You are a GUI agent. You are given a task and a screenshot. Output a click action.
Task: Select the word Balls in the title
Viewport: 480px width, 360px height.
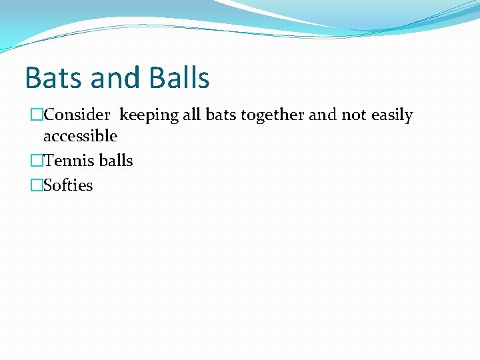179,78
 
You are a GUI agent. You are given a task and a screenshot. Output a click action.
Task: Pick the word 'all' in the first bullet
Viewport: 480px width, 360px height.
191,115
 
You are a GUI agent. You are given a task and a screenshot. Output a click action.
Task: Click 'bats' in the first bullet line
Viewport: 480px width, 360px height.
221,115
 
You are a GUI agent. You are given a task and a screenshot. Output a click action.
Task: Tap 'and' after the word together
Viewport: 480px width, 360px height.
323,115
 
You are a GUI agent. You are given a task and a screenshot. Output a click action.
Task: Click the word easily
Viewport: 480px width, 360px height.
392,116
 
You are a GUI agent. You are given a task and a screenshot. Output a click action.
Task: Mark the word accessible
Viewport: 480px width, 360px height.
80,137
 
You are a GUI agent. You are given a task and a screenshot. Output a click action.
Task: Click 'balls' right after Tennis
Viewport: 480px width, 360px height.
116,161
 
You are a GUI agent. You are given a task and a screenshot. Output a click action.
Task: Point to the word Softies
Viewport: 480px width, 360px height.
68,185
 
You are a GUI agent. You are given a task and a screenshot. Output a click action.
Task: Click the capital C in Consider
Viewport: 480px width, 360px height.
49,115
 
